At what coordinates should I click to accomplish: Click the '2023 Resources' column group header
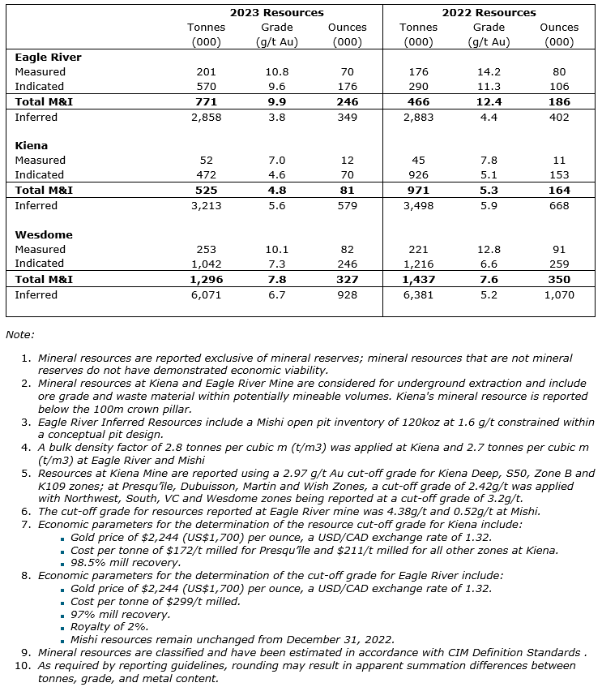(x=276, y=12)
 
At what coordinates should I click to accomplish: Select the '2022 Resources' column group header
(x=489, y=12)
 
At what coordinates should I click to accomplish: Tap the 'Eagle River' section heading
(x=48, y=58)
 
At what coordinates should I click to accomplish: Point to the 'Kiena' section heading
(x=33, y=146)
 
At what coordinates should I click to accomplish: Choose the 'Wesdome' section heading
(x=44, y=234)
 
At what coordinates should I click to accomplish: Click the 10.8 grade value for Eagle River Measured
(x=276, y=72)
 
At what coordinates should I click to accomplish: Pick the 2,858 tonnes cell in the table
(x=206, y=118)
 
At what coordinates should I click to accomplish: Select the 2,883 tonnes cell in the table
(x=418, y=118)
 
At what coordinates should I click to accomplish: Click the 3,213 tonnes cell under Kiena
(x=206, y=206)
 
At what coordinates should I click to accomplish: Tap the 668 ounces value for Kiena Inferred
(x=559, y=206)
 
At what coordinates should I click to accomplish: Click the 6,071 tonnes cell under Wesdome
(x=206, y=295)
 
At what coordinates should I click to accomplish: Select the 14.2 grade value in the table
(x=489, y=72)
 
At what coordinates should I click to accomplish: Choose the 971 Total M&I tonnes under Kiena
(x=418, y=191)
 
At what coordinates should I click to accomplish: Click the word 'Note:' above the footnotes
(x=20, y=334)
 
